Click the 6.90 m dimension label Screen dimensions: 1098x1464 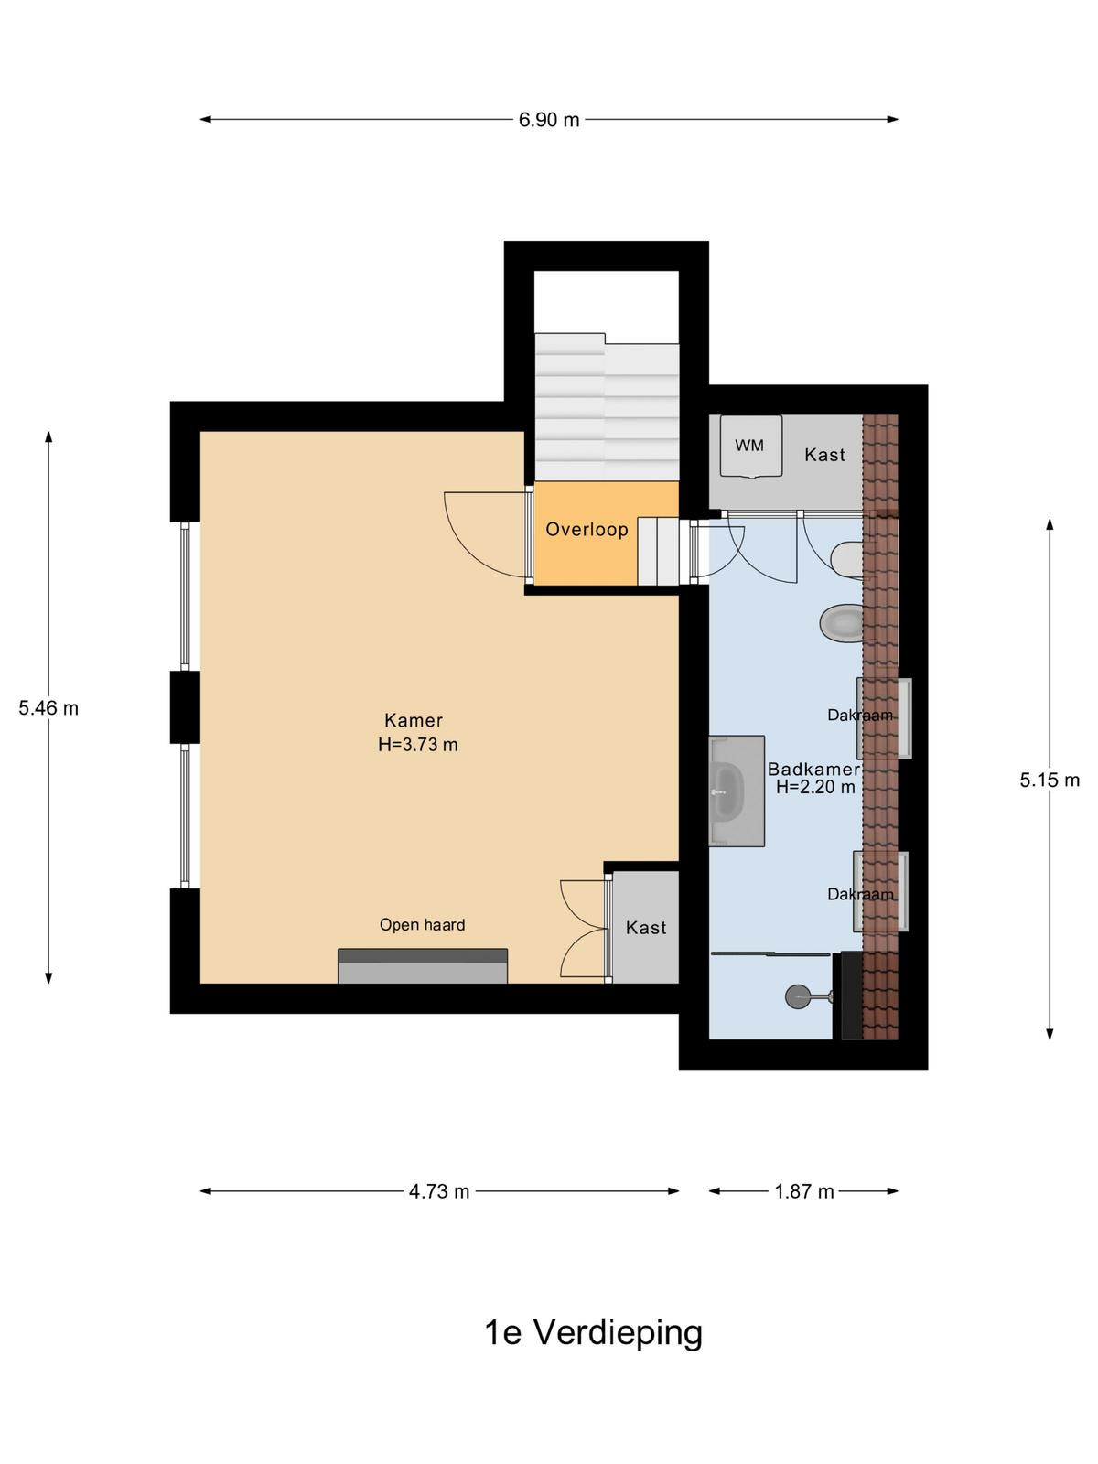(549, 120)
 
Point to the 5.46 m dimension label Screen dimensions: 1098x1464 (48, 708)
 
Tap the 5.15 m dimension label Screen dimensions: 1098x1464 (1050, 780)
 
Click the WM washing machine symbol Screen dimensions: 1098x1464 (750, 447)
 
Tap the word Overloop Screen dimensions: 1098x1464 (587, 530)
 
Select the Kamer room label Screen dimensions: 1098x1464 (414, 720)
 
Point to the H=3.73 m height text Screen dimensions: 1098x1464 (418, 744)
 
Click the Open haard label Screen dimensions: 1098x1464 (422, 925)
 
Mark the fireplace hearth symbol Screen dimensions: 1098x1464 (423, 965)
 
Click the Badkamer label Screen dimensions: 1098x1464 (813, 769)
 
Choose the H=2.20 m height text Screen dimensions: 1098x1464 (815, 787)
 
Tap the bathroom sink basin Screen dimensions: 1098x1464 (727, 791)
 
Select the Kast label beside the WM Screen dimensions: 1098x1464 (824, 455)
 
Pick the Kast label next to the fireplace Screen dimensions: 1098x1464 (646, 928)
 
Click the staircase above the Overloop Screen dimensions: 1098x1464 (607, 406)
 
